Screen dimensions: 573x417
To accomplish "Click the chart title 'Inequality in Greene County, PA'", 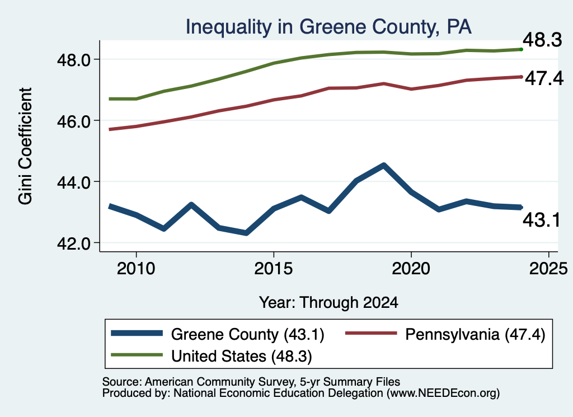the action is pyautogui.click(x=328, y=27).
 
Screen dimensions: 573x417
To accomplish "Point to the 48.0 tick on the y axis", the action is pyautogui.click(x=73, y=60).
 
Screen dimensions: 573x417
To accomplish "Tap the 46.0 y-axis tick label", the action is pyautogui.click(x=73, y=121).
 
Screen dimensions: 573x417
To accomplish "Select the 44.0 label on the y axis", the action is pyautogui.click(x=73, y=182).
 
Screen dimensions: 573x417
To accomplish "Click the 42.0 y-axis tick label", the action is pyautogui.click(x=73, y=243).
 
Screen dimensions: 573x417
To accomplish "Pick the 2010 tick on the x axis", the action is pyautogui.click(x=136, y=269).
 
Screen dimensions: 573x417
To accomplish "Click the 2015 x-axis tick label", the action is pyautogui.click(x=273, y=269).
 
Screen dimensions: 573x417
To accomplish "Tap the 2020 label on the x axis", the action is pyautogui.click(x=411, y=269).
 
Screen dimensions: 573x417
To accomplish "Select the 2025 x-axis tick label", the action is pyautogui.click(x=548, y=269).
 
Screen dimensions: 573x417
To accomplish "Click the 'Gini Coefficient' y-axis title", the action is pyautogui.click(x=25, y=146).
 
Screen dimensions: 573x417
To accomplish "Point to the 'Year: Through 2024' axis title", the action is pyautogui.click(x=328, y=303).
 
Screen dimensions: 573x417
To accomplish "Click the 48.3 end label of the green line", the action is pyautogui.click(x=542, y=40).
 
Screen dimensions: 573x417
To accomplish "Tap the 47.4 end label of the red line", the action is pyautogui.click(x=544, y=78).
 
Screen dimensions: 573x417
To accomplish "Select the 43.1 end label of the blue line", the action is pyautogui.click(x=542, y=220).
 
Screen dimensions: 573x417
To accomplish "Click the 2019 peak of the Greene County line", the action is pyautogui.click(x=383, y=166).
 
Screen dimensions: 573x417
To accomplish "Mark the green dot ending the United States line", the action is pyautogui.click(x=521, y=49).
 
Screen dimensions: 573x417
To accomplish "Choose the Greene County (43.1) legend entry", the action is pyautogui.click(x=218, y=334).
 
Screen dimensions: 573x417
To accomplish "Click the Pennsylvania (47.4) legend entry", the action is pyautogui.click(x=445, y=334).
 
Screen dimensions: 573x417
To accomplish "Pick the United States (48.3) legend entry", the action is pyautogui.click(x=212, y=356).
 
